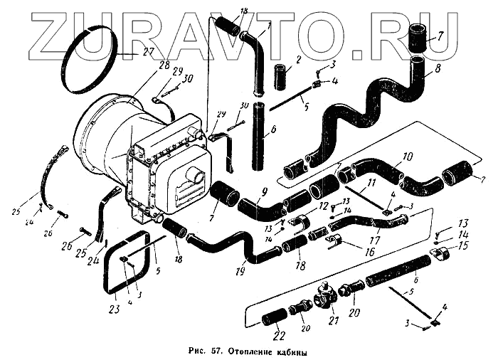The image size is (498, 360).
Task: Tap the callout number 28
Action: [164, 65]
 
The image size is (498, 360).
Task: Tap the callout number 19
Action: [241, 270]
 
